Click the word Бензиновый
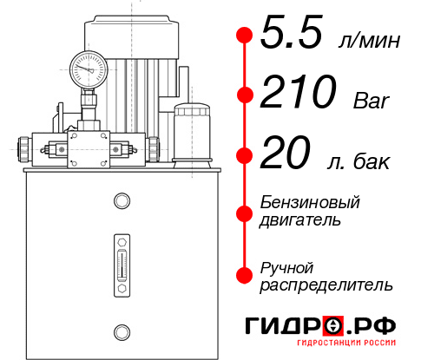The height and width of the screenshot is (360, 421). (x=310, y=203)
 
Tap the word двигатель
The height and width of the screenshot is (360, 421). (x=300, y=219)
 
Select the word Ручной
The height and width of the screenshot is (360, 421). (x=287, y=267)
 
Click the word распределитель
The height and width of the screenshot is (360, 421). (x=326, y=284)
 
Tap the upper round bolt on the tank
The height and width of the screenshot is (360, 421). (x=121, y=201)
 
